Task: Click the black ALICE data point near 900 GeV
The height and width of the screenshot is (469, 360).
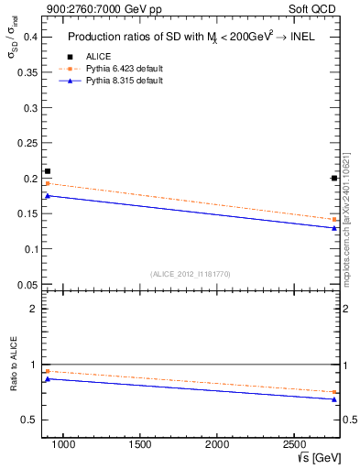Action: pyautogui.click(x=48, y=171)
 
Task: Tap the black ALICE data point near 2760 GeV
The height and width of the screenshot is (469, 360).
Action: pyautogui.click(x=333, y=178)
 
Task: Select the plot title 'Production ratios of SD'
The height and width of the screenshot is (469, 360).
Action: pyautogui.click(x=191, y=38)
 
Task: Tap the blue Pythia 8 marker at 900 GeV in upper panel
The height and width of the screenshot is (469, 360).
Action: pyautogui.click(x=48, y=195)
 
